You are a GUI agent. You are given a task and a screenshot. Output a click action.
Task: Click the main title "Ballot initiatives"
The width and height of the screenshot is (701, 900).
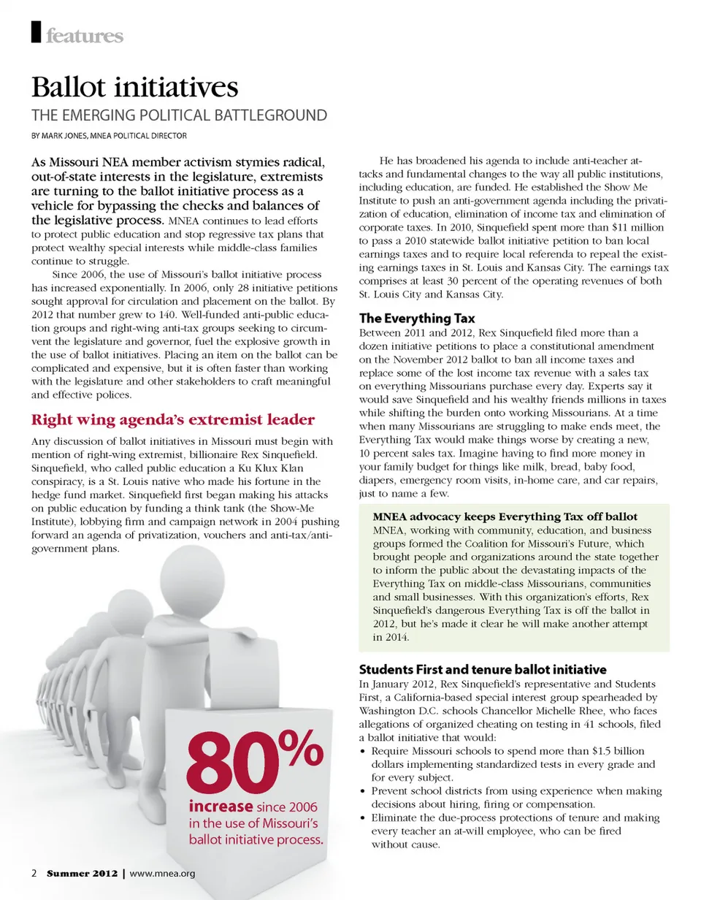(134, 88)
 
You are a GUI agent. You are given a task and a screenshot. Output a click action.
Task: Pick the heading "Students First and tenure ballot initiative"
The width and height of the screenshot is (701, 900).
(482, 669)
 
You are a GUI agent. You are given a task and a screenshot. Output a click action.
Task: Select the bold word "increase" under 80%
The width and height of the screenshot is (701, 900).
(221, 807)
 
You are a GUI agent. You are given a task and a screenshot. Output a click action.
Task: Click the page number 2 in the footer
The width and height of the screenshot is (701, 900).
(34, 874)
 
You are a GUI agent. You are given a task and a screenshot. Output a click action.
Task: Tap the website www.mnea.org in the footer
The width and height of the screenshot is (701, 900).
(162, 874)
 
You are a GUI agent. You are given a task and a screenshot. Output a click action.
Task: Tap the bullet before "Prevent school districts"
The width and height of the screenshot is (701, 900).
(364, 791)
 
